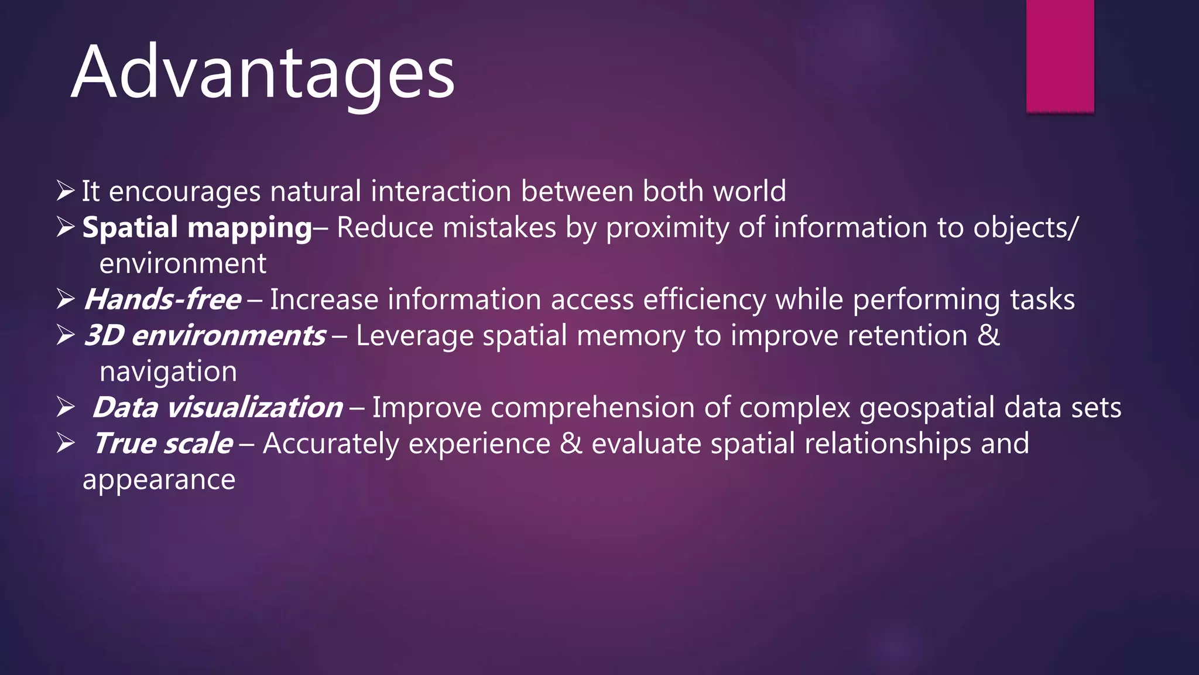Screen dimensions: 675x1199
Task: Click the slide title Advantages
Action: coord(263,73)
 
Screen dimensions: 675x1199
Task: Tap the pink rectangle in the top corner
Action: coord(1060,56)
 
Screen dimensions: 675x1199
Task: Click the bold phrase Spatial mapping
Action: coord(197,228)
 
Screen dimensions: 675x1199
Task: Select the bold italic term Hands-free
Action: coord(162,300)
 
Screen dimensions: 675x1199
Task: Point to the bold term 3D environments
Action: coord(205,336)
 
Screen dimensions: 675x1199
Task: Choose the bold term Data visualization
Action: coord(217,408)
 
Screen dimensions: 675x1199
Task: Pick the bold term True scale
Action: coord(163,444)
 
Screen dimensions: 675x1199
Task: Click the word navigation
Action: coord(168,372)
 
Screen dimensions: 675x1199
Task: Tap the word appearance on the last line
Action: coord(159,480)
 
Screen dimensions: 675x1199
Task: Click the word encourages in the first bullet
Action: coord(184,192)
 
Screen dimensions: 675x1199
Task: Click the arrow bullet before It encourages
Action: coord(66,191)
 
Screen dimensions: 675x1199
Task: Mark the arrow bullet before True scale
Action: coord(66,444)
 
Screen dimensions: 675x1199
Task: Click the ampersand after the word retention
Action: coord(989,336)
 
